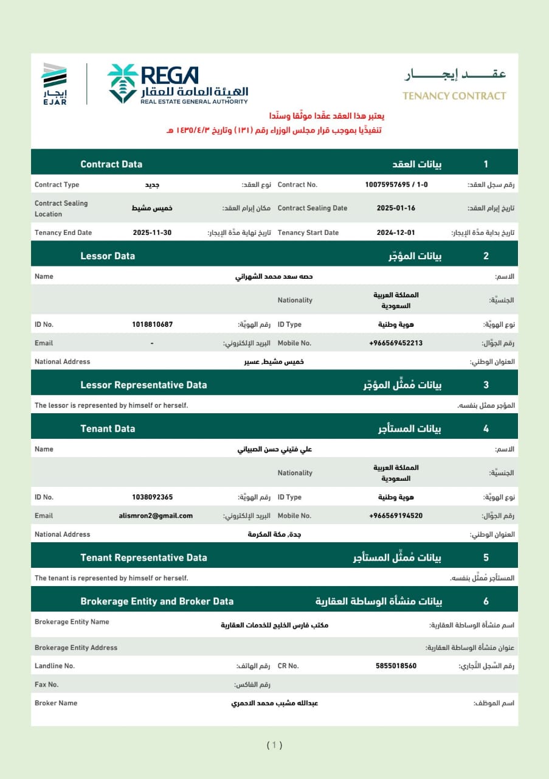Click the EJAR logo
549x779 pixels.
pos(54,84)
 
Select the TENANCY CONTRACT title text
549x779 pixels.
pos(454,96)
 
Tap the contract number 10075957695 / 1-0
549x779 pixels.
pos(396,184)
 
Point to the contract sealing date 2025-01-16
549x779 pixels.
pos(396,208)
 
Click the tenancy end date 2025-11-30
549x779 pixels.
pos(152,232)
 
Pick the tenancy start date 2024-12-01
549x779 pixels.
pos(396,232)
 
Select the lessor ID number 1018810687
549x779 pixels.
pos(152,324)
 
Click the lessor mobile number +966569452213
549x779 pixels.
pos(396,343)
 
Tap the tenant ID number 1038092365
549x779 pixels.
pos(152,497)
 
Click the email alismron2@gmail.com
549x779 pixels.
pos(156,515)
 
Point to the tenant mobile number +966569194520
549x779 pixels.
pos(396,515)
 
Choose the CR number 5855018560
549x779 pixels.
pos(396,666)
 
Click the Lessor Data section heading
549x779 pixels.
pos(108,256)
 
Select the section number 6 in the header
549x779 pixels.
pos(486,601)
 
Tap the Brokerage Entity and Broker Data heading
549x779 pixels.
pos(157,601)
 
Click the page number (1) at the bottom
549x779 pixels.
pos(274,745)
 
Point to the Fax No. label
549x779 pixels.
pos(46,685)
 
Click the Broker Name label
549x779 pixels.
pos(56,703)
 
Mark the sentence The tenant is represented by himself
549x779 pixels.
pos(111,578)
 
